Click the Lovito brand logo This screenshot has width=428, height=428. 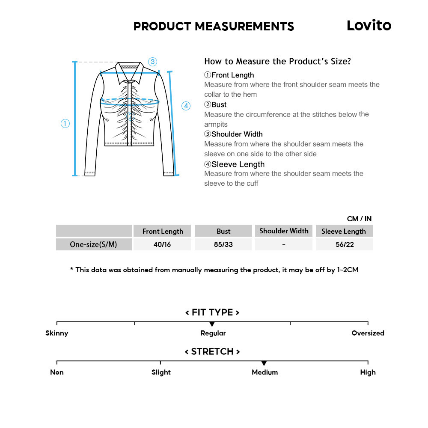point(369,26)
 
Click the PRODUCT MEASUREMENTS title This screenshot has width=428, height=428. point(214,27)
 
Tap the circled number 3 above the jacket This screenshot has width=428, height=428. point(153,62)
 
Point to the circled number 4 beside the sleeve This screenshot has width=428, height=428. point(186,106)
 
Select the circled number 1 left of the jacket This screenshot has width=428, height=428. point(65,124)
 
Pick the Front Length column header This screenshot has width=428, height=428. point(163,231)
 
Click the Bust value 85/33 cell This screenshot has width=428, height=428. point(223,245)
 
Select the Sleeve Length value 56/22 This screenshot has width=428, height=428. point(344,245)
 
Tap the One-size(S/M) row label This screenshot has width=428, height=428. point(94,245)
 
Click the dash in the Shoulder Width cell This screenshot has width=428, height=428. point(284,245)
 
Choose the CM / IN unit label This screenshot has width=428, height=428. point(359,219)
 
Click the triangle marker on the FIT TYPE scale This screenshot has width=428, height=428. point(212,324)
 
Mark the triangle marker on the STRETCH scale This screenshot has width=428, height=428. point(264,363)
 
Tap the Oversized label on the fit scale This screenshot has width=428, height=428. point(368,333)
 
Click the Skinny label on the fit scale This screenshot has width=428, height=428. point(57,333)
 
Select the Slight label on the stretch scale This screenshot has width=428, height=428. point(161,372)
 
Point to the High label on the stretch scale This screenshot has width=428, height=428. point(368,372)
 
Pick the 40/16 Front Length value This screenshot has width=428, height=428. point(162,245)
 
